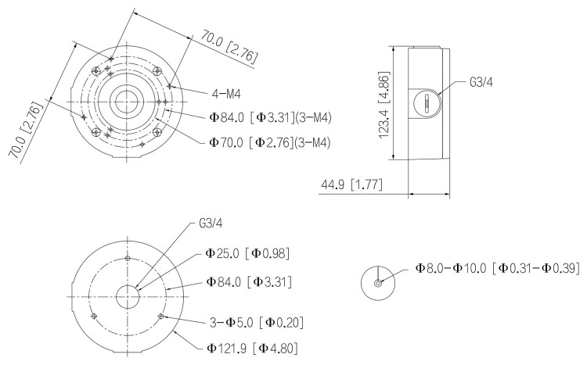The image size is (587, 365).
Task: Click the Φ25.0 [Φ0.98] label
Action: coord(254,253)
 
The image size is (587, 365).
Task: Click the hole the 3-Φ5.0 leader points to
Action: coord(161,316)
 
